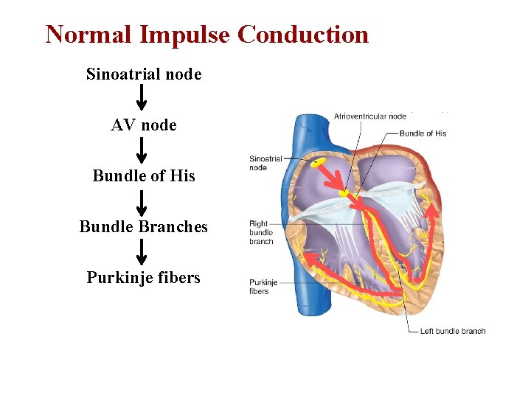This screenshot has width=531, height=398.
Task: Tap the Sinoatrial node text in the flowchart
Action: pyautogui.click(x=144, y=74)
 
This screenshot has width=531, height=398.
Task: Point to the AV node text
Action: pyautogui.click(x=144, y=125)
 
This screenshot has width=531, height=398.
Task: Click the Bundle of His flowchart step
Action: pyautogui.click(x=144, y=176)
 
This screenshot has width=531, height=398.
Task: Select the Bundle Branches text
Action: pyautogui.click(x=144, y=227)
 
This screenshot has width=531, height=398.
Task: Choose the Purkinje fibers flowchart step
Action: pyautogui.click(x=144, y=278)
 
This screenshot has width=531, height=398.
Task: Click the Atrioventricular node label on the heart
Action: pyautogui.click(x=369, y=116)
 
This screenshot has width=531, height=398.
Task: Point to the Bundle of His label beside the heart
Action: pyautogui.click(x=423, y=133)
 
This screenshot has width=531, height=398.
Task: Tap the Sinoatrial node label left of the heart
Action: pyautogui.click(x=265, y=163)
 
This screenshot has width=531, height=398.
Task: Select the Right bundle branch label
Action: pyautogui.click(x=261, y=232)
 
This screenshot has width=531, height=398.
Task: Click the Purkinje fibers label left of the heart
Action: pyautogui.click(x=259, y=287)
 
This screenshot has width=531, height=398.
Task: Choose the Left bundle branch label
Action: pyautogui.click(x=452, y=331)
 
